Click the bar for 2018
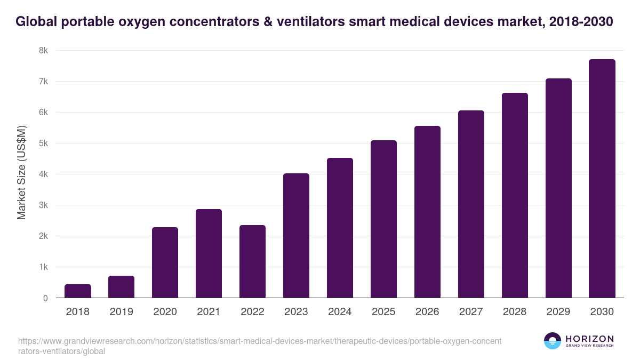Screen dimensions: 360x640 click(78, 291)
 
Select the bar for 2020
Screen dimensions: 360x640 click(165, 262)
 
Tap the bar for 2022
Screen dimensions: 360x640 click(252, 261)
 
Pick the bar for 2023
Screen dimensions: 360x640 click(296, 235)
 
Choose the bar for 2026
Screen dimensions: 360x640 click(427, 212)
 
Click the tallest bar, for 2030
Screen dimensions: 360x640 click(602, 178)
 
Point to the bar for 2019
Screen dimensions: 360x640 click(121, 287)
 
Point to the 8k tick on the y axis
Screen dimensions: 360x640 click(43, 51)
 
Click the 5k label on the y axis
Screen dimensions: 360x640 click(43, 143)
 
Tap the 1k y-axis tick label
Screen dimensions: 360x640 click(43, 267)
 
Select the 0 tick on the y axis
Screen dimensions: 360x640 click(45, 298)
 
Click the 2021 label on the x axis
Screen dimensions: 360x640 click(209, 312)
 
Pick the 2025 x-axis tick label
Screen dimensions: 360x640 click(383, 312)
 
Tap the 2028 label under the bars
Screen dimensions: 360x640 click(515, 312)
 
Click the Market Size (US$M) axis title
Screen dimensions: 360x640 click(21, 173)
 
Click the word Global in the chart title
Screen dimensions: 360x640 click(36, 22)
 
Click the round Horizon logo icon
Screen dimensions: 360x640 click(552, 341)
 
